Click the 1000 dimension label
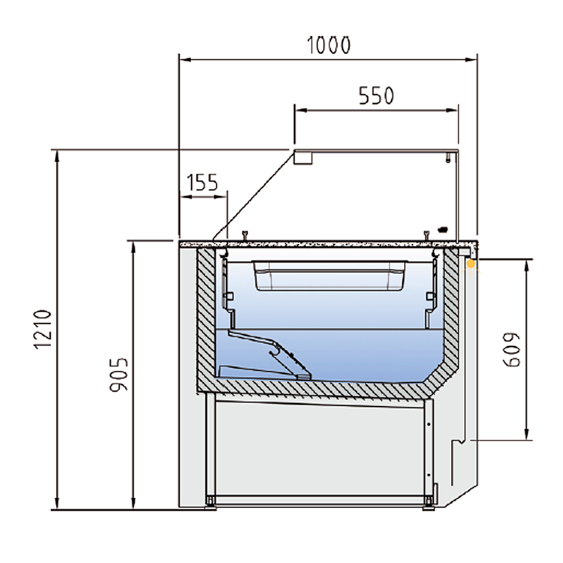click(x=328, y=45)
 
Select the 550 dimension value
click(x=377, y=96)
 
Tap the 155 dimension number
click(x=202, y=183)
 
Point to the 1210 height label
click(x=43, y=329)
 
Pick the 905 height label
click(x=119, y=375)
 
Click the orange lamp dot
click(x=470, y=264)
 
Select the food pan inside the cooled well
click(x=329, y=275)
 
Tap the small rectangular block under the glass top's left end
click(x=303, y=157)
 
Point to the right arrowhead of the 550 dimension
click(x=452, y=110)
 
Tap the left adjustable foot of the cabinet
click(x=210, y=504)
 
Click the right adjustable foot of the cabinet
click(x=429, y=504)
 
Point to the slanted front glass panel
click(x=253, y=195)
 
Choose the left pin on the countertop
click(x=245, y=236)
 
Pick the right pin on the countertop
click(x=426, y=236)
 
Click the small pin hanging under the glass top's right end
click(x=448, y=158)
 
